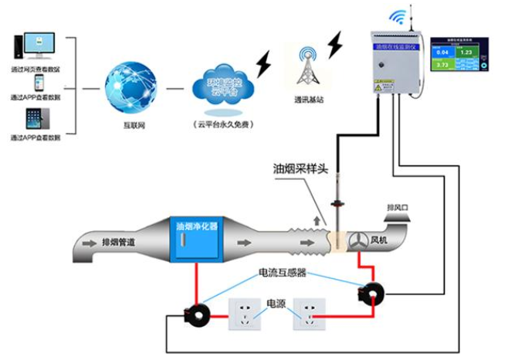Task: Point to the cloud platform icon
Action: coord(222,87)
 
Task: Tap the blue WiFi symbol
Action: coord(398,15)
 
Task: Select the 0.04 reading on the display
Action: coord(443,52)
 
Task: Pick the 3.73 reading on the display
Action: coord(443,65)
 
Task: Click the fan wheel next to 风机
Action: coord(359,240)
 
